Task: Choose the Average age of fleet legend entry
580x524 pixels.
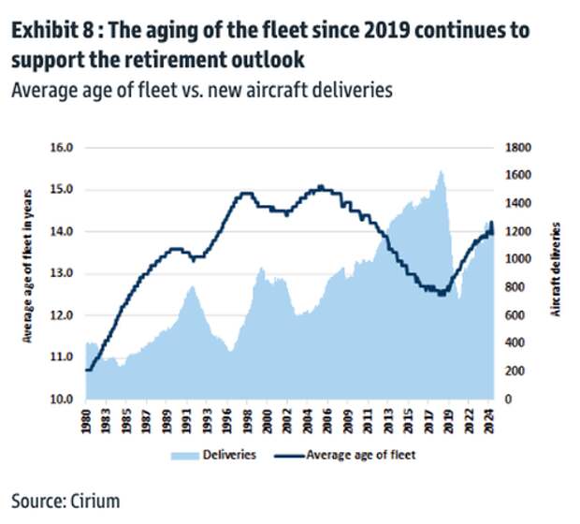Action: (362, 455)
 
